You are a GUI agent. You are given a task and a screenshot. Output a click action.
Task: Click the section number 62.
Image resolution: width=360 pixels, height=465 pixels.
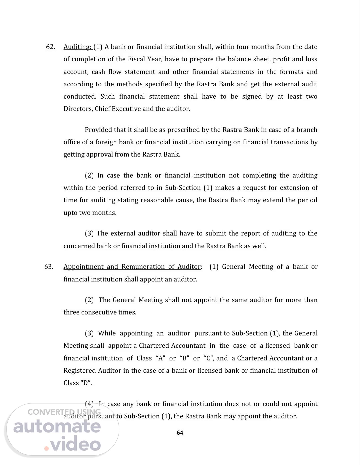(x=50, y=47)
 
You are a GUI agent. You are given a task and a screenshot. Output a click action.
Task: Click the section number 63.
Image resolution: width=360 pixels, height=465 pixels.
(x=49, y=267)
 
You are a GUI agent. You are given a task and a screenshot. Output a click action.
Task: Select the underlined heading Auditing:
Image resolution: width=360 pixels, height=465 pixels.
(x=77, y=47)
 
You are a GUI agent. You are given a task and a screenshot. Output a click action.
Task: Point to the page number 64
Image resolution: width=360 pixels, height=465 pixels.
(x=180, y=433)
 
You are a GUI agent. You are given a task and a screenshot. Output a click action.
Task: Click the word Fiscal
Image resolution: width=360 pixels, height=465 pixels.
(x=136, y=59)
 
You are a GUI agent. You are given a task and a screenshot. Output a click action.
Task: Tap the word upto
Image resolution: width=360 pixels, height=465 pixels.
(x=70, y=213)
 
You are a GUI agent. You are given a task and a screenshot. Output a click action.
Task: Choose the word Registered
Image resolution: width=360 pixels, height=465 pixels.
(x=80, y=371)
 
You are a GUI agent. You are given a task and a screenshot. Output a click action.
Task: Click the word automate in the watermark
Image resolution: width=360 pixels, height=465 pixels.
(x=57, y=427)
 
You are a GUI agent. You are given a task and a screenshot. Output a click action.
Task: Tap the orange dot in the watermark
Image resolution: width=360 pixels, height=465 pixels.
(x=46, y=448)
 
